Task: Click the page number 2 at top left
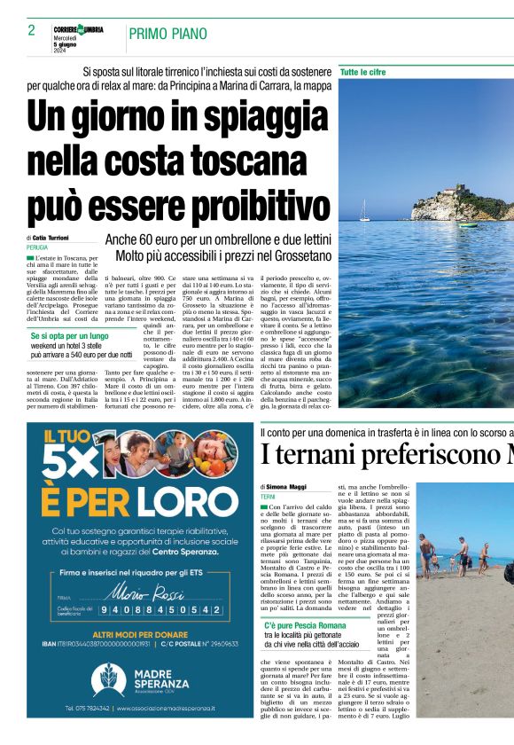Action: [31, 30]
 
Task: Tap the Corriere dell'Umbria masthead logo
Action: [78, 30]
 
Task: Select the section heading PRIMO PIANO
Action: [167, 35]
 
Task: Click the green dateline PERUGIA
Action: [37, 247]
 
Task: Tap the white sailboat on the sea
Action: [364, 212]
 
